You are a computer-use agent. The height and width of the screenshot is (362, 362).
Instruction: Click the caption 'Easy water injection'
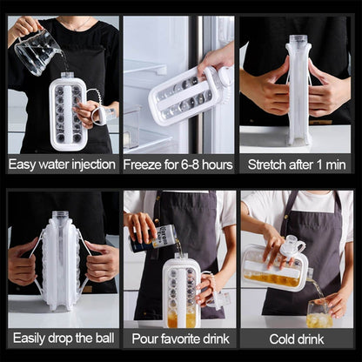61,164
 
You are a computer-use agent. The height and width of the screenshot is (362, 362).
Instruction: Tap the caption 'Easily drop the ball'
61,337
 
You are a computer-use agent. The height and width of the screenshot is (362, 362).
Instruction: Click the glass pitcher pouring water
37,50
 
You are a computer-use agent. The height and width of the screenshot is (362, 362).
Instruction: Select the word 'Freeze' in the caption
143,164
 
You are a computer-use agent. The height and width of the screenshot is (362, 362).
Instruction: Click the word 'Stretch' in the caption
270,164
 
